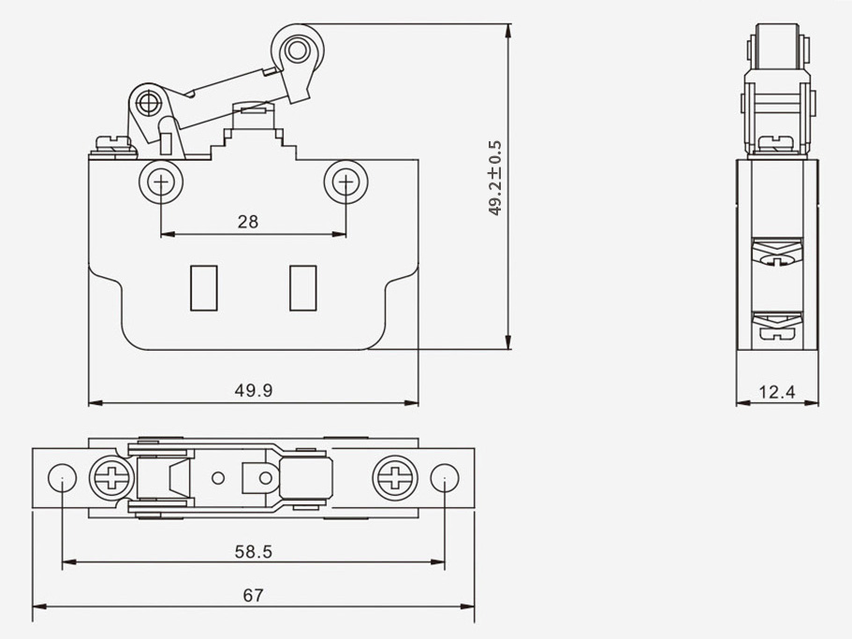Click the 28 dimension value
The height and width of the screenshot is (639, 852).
pos(247,222)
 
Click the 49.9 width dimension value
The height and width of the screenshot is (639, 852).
pos(254,391)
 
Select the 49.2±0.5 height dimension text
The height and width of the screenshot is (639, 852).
pos(495,179)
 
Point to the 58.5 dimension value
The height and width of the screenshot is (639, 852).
pos(253,552)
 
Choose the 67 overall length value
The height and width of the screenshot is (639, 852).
pos(253,595)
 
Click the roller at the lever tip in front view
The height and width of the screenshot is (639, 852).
pos(298,49)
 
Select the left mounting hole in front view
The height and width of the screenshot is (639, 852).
pos(161,182)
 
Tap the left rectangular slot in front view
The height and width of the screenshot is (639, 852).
pos(202,287)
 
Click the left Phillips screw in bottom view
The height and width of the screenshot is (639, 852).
pos(110,479)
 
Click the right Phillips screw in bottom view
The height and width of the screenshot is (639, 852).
pos(391,479)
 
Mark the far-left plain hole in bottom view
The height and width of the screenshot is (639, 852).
pos(61,479)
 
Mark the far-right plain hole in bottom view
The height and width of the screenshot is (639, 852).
pos(445,479)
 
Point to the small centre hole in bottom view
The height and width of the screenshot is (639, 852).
pos(218,479)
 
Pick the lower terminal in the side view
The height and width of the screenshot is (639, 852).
pos(777,327)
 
